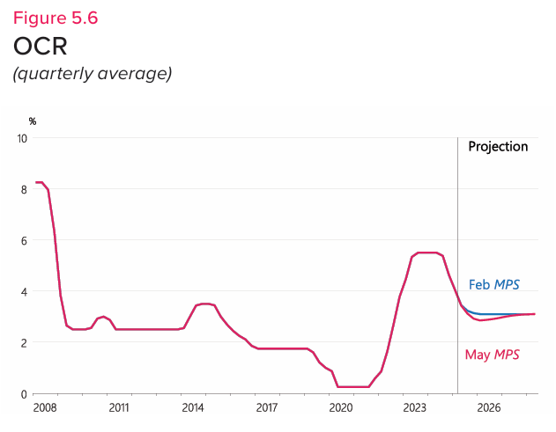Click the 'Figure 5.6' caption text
point(55,17)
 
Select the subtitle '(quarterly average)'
point(91,73)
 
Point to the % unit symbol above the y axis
point(33,121)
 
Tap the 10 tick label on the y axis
point(22,138)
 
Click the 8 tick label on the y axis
point(25,189)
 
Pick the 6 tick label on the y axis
point(25,240)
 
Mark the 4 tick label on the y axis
point(25,291)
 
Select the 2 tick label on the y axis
point(25,342)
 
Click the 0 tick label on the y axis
point(25,393)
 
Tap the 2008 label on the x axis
point(45,408)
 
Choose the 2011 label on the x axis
point(119,408)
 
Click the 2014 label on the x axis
point(193,408)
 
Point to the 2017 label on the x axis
point(267,408)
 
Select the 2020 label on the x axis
point(341,408)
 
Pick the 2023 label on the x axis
point(415,408)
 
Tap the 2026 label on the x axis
point(489,408)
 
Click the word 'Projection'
point(498,147)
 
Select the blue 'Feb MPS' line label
point(493,284)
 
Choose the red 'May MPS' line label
point(493,355)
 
